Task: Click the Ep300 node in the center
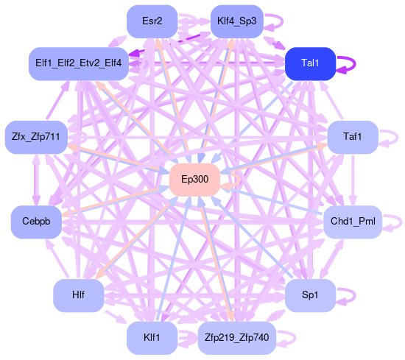(194, 180)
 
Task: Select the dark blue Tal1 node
(310, 63)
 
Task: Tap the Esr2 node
(152, 21)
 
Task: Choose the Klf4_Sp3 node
(237, 21)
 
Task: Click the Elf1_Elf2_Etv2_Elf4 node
(79, 63)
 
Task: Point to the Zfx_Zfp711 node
(36, 137)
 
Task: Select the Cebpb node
(36, 222)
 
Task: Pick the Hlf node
(79, 295)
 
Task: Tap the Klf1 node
(152, 338)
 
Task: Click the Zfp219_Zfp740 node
(237, 338)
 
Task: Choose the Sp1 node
(310, 295)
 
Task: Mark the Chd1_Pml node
(353, 222)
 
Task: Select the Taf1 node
(353, 137)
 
